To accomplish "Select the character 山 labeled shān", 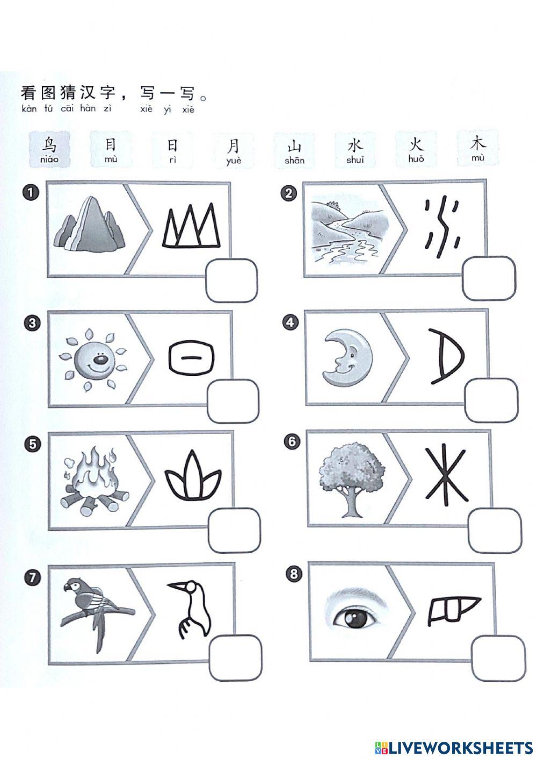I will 295,146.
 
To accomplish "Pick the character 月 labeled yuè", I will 233,145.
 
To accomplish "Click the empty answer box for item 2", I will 489,278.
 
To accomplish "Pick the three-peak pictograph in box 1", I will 191,226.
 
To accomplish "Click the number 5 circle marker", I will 33,444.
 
